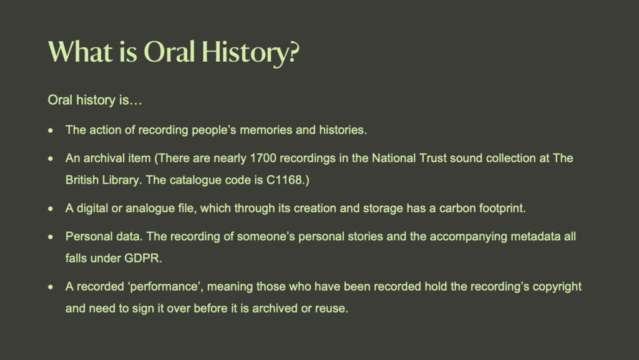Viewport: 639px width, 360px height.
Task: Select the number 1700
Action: tap(263, 158)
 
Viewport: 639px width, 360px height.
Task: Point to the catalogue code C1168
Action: tap(284, 180)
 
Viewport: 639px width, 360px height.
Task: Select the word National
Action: tap(393, 158)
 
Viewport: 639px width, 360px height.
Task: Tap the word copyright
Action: tap(557, 287)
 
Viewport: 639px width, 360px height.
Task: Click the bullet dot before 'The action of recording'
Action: tap(51, 131)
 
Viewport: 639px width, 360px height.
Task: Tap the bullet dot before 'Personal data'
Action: tap(51, 237)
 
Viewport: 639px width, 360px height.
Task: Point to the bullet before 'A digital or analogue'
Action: tap(51, 209)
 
